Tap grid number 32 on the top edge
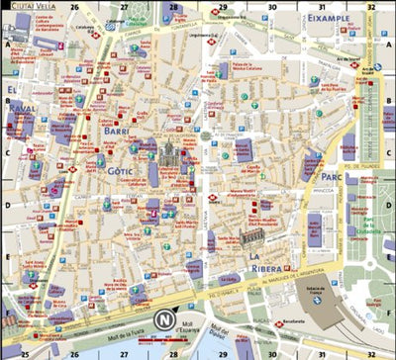[x=368, y=6]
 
